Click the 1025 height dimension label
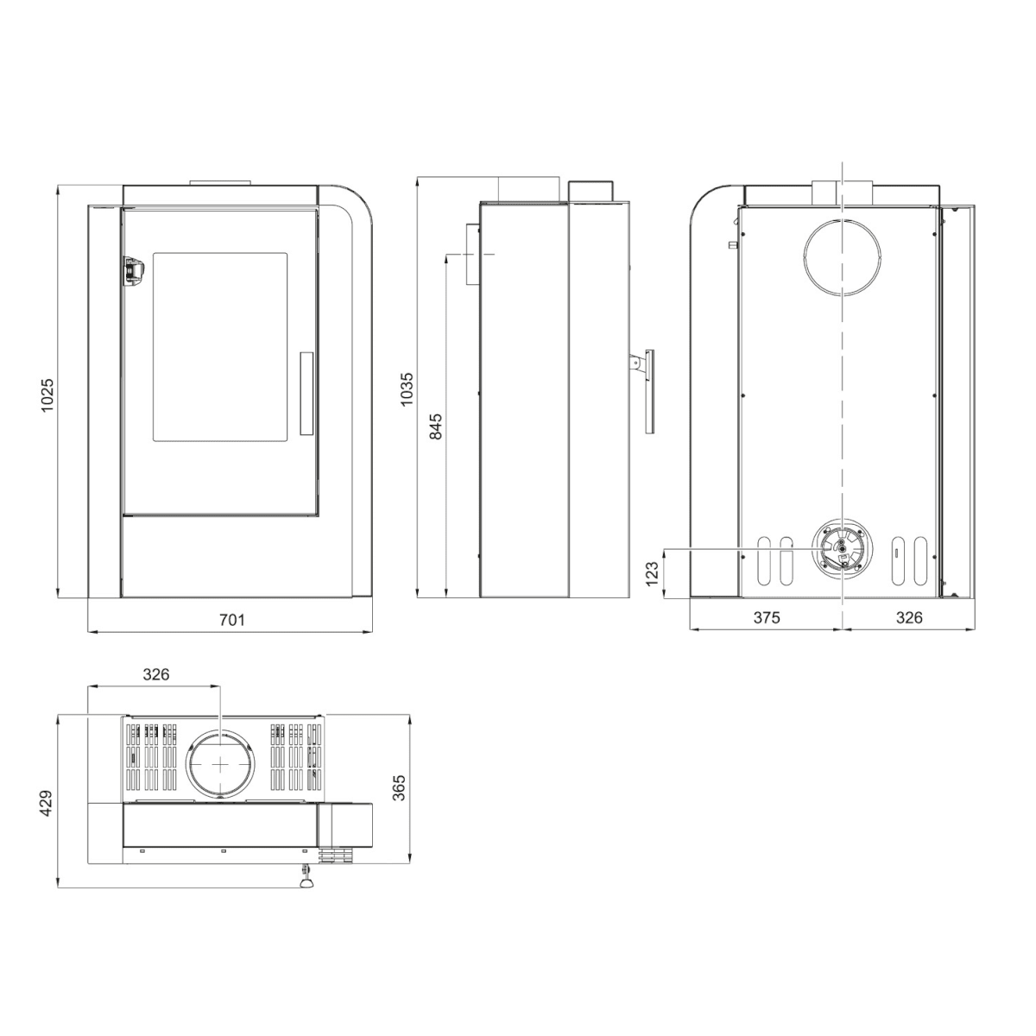pyautogui.click(x=47, y=395)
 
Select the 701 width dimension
pyautogui.click(x=232, y=620)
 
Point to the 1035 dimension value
pyautogui.click(x=407, y=388)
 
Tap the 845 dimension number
pyautogui.click(x=436, y=427)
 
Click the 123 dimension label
pyautogui.click(x=652, y=572)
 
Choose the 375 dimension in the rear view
pyautogui.click(x=766, y=617)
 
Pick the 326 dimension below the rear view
pyautogui.click(x=909, y=617)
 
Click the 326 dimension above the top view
pyautogui.click(x=155, y=674)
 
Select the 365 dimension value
pyautogui.click(x=399, y=787)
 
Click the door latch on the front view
pyautogui.click(x=131, y=269)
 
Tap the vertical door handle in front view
pyautogui.click(x=306, y=392)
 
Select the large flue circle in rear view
pyautogui.click(x=843, y=256)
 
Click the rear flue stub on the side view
pyautogui.click(x=472, y=255)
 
